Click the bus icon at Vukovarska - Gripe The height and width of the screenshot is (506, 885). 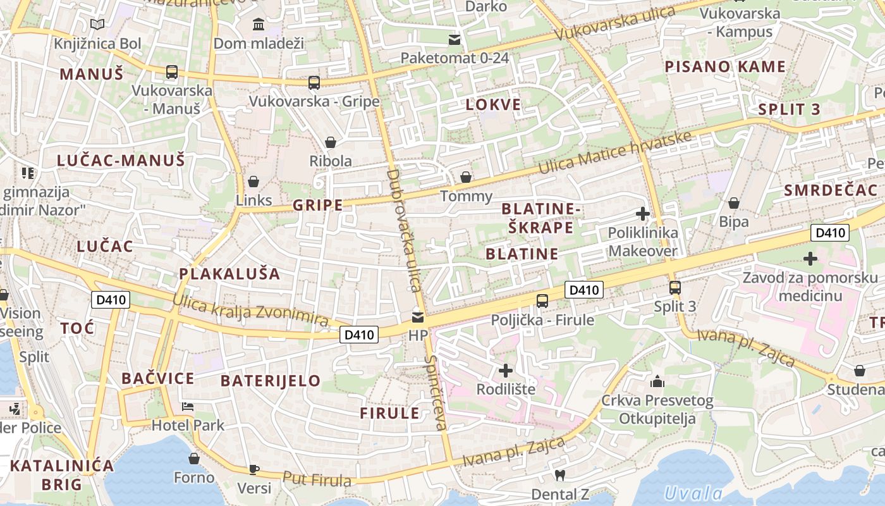(314, 83)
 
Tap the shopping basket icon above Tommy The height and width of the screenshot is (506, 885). (466, 177)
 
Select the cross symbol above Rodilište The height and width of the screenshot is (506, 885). (505, 371)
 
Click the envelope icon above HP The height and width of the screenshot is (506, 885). (418, 317)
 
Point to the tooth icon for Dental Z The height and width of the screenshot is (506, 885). (559, 474)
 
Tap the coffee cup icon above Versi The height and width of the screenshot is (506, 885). (253, 469)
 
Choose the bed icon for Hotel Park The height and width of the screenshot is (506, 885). (188, 406)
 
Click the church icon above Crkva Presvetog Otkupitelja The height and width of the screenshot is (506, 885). (657, 381)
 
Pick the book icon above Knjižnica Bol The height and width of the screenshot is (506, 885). (97, 25)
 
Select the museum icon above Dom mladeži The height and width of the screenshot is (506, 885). (259, 25)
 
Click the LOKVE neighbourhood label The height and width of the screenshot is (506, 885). (493, 105)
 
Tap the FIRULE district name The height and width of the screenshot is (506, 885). (389, 414)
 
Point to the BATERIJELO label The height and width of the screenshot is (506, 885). (271, 381)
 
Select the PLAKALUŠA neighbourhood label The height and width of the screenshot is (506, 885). (229, 274)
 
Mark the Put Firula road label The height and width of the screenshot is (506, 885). (317, 479)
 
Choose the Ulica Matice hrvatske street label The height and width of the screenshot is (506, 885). (614, 152)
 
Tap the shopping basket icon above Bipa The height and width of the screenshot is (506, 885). (734, 203)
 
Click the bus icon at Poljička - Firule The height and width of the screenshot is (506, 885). (542, 301)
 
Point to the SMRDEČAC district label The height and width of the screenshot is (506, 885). (831, 190)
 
